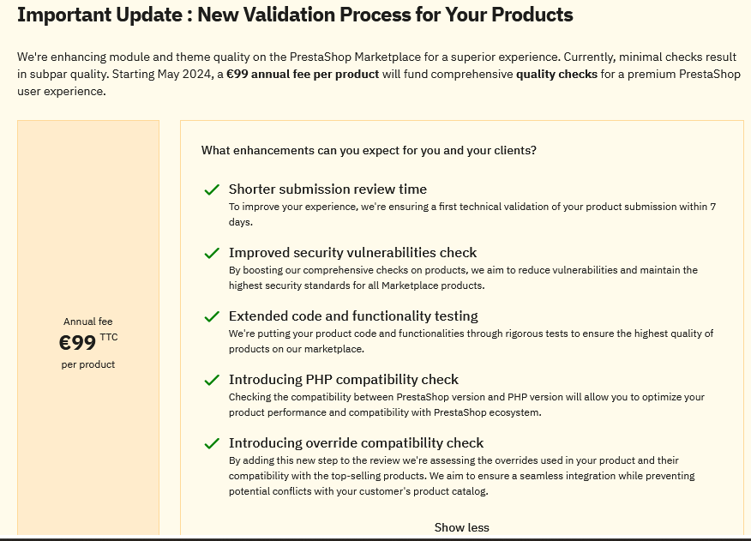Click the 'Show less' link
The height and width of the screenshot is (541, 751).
tap(462, 527)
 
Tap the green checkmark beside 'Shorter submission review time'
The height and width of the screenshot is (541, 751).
tap(212, 189)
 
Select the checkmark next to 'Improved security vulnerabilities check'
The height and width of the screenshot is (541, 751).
tap(212, 253)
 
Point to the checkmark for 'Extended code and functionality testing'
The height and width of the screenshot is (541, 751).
tap(212, 316)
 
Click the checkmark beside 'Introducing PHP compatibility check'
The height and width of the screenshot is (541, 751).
tap(212, 380)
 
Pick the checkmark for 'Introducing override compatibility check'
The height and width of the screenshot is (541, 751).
tap(212, 444)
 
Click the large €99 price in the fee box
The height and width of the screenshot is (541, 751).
tap(78, 343)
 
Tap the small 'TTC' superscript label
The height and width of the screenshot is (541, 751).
tap(109, 337)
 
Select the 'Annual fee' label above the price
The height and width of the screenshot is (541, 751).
tap(88, 322)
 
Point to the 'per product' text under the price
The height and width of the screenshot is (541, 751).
tap(88, 364)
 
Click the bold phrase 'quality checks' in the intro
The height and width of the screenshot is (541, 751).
tap(556, 75)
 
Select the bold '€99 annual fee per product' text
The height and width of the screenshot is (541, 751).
tap(303, 75)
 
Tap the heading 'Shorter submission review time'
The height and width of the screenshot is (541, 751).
tap(327, 189)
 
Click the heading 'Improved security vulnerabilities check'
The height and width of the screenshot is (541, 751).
tap(352, 253)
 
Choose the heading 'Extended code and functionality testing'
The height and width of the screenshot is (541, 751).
tap(353, 316)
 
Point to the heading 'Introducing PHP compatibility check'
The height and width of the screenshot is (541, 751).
tap(344, 380)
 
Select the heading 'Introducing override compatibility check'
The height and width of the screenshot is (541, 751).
tap(356, 442)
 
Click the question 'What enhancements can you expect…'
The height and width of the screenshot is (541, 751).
tap(369, 150)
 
